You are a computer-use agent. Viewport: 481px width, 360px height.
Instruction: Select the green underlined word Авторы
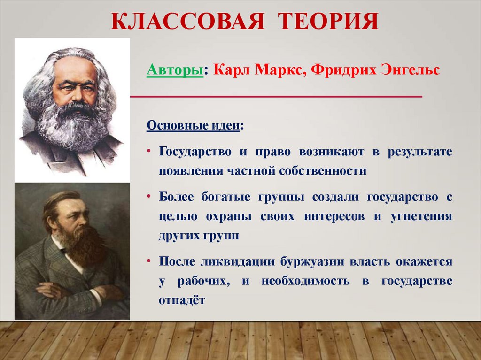click(175, 70)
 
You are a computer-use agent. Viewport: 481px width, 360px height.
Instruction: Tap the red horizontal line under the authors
click(276, 97)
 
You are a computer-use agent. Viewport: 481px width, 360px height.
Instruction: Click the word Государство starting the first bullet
click(195, 152)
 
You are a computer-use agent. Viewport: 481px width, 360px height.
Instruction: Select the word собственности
click(323, 171)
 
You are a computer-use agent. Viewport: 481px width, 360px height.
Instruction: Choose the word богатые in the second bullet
click(226, 197)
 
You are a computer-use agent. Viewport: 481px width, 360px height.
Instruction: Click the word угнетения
click(421, 217)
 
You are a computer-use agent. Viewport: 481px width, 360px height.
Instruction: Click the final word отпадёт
click(182, 300)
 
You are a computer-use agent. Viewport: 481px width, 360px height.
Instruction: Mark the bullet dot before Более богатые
click(149, 196)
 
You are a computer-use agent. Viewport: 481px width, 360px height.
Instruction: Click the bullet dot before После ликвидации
click(149, 261)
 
